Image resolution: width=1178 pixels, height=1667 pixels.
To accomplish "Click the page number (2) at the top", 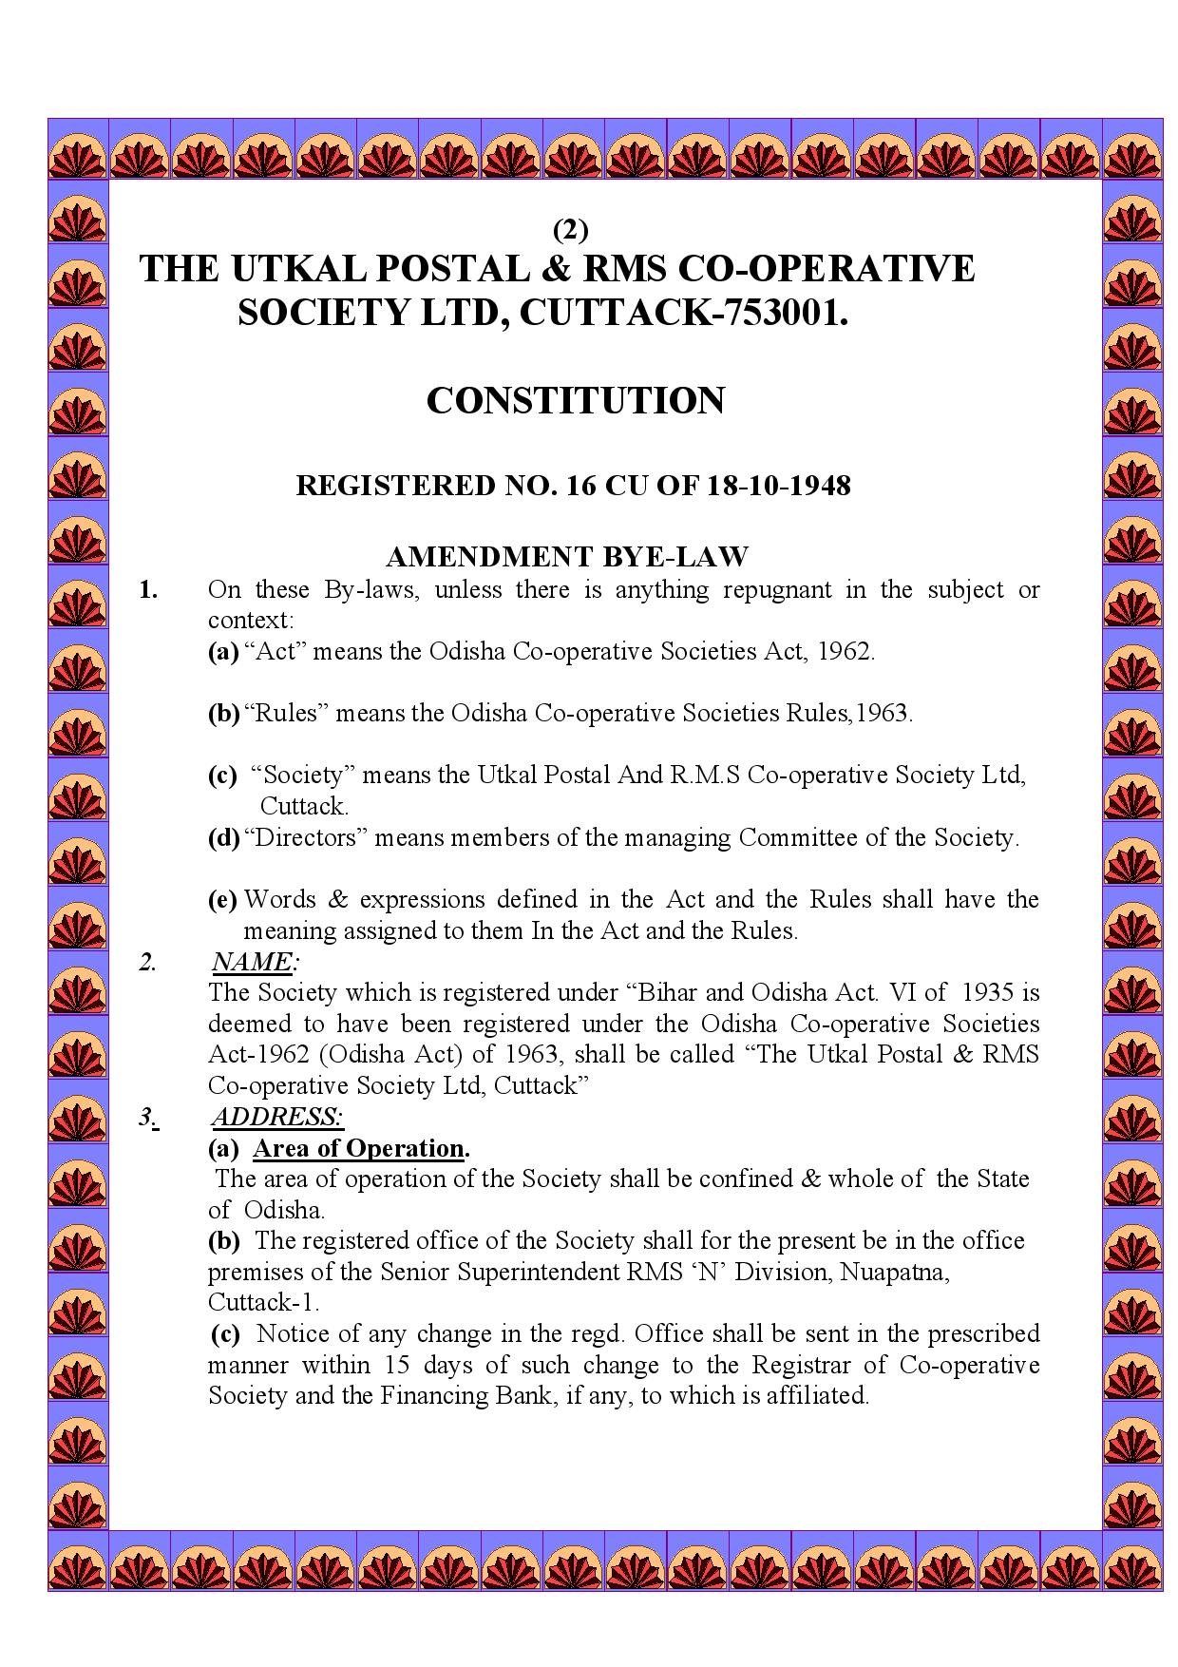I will tap(571, 230).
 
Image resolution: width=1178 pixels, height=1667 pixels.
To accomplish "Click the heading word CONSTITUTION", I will tap(575, 400).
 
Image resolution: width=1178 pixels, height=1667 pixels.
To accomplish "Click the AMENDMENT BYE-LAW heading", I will tap(567, 556).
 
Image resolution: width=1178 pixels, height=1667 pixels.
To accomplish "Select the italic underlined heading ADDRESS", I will tap(277, 1117).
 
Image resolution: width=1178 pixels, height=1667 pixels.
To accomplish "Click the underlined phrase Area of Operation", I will tap(359, 1148).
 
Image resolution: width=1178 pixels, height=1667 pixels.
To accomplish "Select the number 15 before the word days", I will tap(398, 1366).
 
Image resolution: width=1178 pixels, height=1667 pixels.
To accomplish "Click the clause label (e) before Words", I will tap(222, 900).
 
